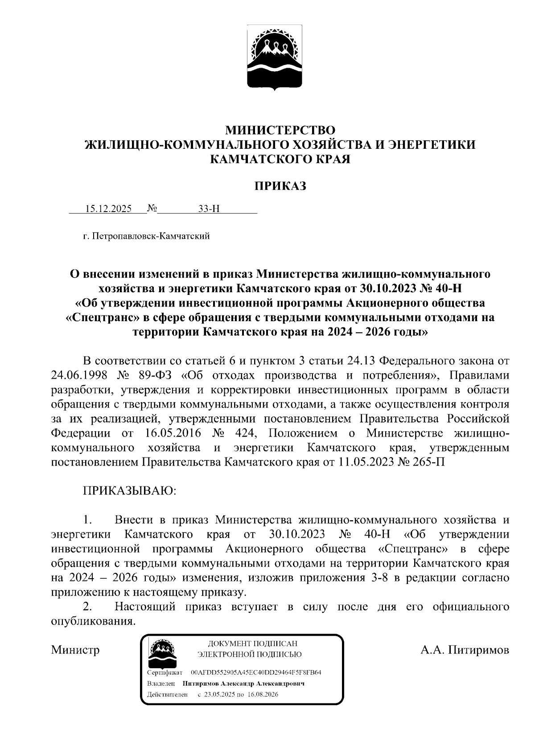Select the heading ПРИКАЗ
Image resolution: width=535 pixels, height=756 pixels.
click(280, 186)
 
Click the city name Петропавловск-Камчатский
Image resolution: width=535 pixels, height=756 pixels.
click(150, 236)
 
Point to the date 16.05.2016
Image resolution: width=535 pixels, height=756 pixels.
click(173, 433)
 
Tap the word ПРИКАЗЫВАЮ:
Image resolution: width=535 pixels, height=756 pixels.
click(130, 491)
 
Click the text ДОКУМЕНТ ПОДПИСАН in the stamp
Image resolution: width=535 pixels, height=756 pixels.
click(252, 644)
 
